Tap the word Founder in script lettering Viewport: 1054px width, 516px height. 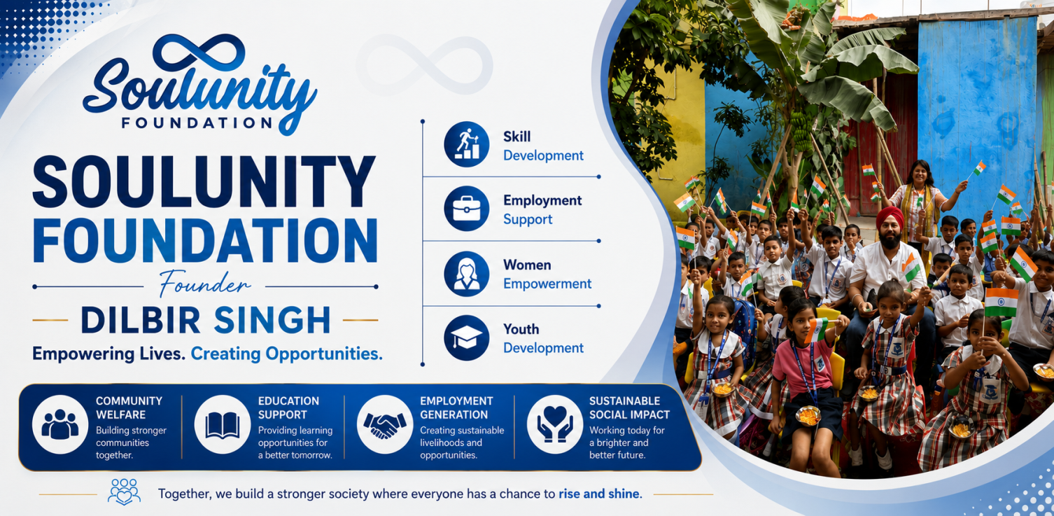(x=204, y=284)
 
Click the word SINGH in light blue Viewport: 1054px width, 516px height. (x=272, y=321)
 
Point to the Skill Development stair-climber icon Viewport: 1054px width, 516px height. (x=466, y=144)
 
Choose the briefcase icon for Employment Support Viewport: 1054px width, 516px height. (x=466, y=209)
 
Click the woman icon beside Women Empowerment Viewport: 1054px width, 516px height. (x=466, y=274)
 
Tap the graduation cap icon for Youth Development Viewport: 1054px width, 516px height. (x=466, y=338)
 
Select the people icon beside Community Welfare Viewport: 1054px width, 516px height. (x=60, y=425)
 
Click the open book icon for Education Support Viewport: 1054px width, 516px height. (x=223, y=425)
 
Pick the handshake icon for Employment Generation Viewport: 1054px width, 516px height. (x=385, y=425)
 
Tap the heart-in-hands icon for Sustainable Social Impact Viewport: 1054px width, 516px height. (x=555, y=425)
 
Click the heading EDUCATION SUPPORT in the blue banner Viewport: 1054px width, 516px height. (x=288, y=407)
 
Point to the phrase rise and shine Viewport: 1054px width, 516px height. (x=600, y=494)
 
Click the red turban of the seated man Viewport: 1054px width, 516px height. (x=890, y=217)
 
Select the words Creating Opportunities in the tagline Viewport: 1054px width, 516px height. (x=286, y=354)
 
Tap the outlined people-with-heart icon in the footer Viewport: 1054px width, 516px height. (x=124, y=492)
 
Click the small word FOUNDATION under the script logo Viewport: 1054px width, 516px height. (x=197, y=123)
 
